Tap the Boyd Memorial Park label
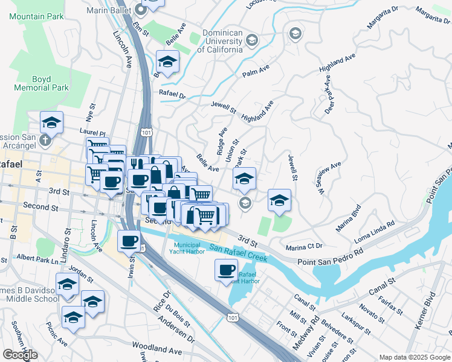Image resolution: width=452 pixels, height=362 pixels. point(42,83)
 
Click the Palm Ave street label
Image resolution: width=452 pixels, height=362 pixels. point(255,73)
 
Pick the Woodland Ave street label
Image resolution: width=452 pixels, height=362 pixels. point(158,350)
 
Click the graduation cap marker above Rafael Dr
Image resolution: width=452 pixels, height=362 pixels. point(168,61)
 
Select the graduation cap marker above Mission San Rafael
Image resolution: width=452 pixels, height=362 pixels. point(52,122)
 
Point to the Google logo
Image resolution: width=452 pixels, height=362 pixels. point(20,355)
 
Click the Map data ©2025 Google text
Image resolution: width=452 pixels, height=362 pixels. point(415,357)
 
